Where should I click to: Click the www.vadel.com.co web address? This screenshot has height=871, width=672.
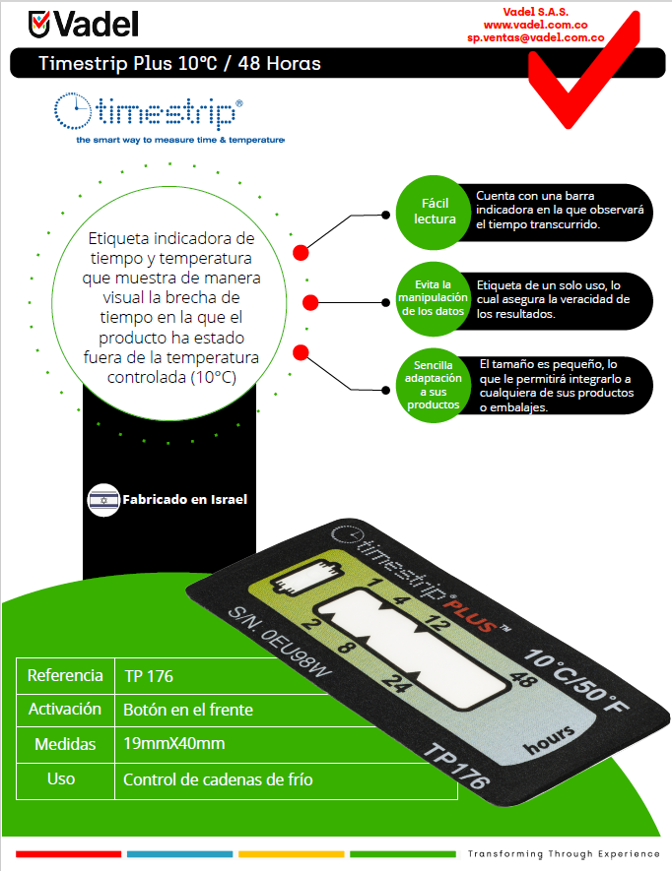(535, 24)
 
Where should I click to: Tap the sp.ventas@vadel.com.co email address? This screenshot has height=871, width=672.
(535, 37)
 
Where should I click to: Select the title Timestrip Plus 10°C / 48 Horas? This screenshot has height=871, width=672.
(179, 64)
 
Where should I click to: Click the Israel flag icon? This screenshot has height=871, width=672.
(103, 500)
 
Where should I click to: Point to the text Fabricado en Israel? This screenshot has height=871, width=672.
(184, 500)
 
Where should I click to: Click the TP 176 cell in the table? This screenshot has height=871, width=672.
(149, 677)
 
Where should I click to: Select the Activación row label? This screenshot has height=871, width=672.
(65, 710)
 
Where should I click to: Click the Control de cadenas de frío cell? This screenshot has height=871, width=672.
(218, 779)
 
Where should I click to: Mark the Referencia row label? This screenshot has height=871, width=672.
(65, 676)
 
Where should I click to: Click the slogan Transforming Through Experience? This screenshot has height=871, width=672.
(564, 853)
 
